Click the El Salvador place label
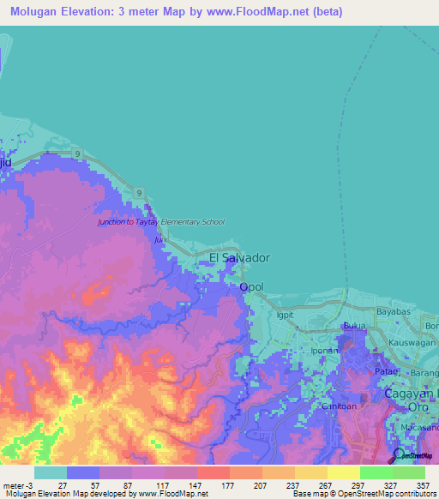(240, 257)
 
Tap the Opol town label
(251, 287)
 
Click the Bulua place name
(354, 327)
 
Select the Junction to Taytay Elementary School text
(161, 222)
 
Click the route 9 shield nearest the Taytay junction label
(138, 195)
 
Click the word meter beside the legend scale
(13, 485)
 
